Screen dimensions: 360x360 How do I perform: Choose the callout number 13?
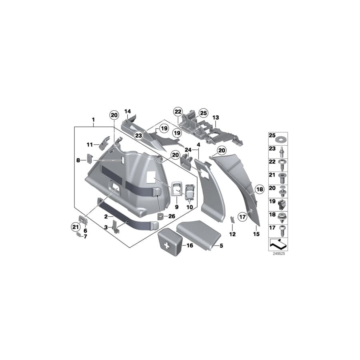(216, 118)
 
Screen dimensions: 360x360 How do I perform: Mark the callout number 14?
(128, 111)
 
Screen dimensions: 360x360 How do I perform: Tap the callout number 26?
(172, 216)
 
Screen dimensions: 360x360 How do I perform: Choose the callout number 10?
(190, 208)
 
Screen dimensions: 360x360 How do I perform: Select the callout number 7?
(84, 236)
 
